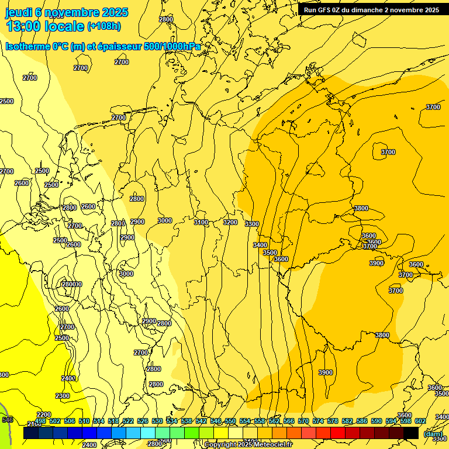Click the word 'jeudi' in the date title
pyautogui.click(x=18, y=12)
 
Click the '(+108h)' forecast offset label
pyautogui.click(x=104, y=26)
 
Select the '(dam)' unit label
pyautogui.click(x=433, y=433)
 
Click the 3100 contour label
pyautogui.click(x=201, y=222)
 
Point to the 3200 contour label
pyautogui.click(x=230, y=222)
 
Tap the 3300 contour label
pyautogui.click(x=252, y=224)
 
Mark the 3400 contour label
pyautogui.click(x=260, y=245)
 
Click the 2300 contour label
pyautogui.click(x=63, y=396)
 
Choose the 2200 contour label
pyautogui.click(x=44, y=415)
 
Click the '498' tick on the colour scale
pyautogui.click(x=40, y=421)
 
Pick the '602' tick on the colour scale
pyautogui.click(x=420, y=421)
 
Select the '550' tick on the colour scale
pyautogui.click(x=230, y=421)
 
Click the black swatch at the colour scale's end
pyautogui.click(x=411, y=433)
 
